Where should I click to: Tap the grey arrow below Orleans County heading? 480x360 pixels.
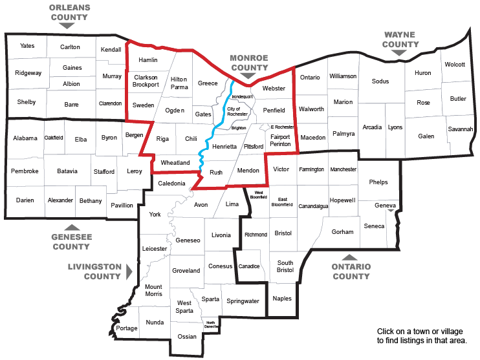pyautogui.click(x=66, y=25)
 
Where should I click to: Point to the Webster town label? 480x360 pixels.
pyautogui.click(x=274, y=88)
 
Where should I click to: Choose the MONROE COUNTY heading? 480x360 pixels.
pyautogui.click(x=250, y=62)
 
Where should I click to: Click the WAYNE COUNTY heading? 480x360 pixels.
pyautogui.click(x=401, y=39)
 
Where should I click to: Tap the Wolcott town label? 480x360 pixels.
pyautogui.click(x=454, y=65)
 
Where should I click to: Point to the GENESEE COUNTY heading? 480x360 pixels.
pyautogui.click(x=71, y=242)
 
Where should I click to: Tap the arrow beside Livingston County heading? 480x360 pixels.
pyautogui.click(x=129, y=271)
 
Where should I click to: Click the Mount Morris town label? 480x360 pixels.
pyautogui.click(x=153, y=290)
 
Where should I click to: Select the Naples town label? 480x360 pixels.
pyautogui.click(x=282, y=298)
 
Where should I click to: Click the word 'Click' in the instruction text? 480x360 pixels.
pyautogui.click(x=386, y=330)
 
